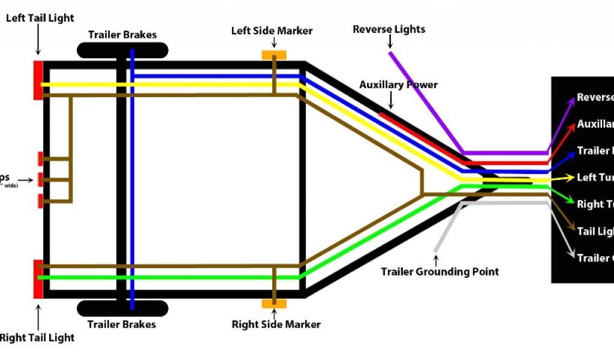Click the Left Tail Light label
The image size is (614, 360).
tap(40, 18)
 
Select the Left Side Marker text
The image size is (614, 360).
tap(272, 31)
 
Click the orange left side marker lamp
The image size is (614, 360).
tap(274, 55)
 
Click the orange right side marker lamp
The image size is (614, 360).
tap(274, 304)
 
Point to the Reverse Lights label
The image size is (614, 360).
tap(389, 29)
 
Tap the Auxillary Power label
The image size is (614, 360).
tap(398, 85)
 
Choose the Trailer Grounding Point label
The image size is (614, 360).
tap(440, 272)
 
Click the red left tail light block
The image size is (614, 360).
tap(38, 80)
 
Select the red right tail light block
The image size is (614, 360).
tap(38, 279)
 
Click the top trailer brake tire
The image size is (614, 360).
tap(122, 50)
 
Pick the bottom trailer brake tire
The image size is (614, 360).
tap(122, 308)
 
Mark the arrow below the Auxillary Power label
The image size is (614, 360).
tap(392, 100)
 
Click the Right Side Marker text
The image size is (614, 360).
tap(276, 325)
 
